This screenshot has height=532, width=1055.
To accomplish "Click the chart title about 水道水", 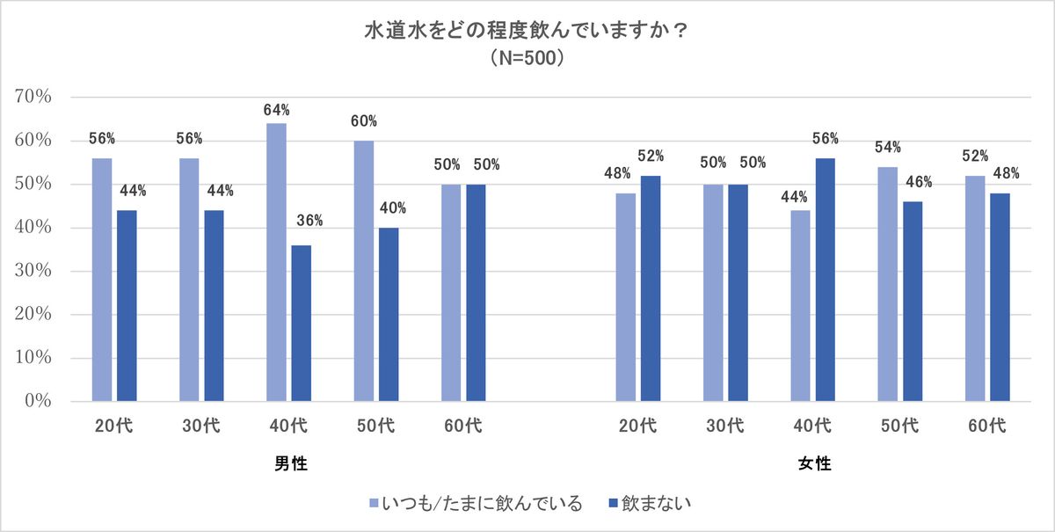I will point(527,32).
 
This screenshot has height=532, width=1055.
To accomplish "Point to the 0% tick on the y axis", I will point(39,401).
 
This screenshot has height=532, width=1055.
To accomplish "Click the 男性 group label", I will point(290,463).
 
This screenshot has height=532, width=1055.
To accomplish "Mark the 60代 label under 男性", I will point(463,426).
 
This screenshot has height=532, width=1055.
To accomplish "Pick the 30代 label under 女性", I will point(724,426).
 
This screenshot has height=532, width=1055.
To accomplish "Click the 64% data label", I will point(276,110).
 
